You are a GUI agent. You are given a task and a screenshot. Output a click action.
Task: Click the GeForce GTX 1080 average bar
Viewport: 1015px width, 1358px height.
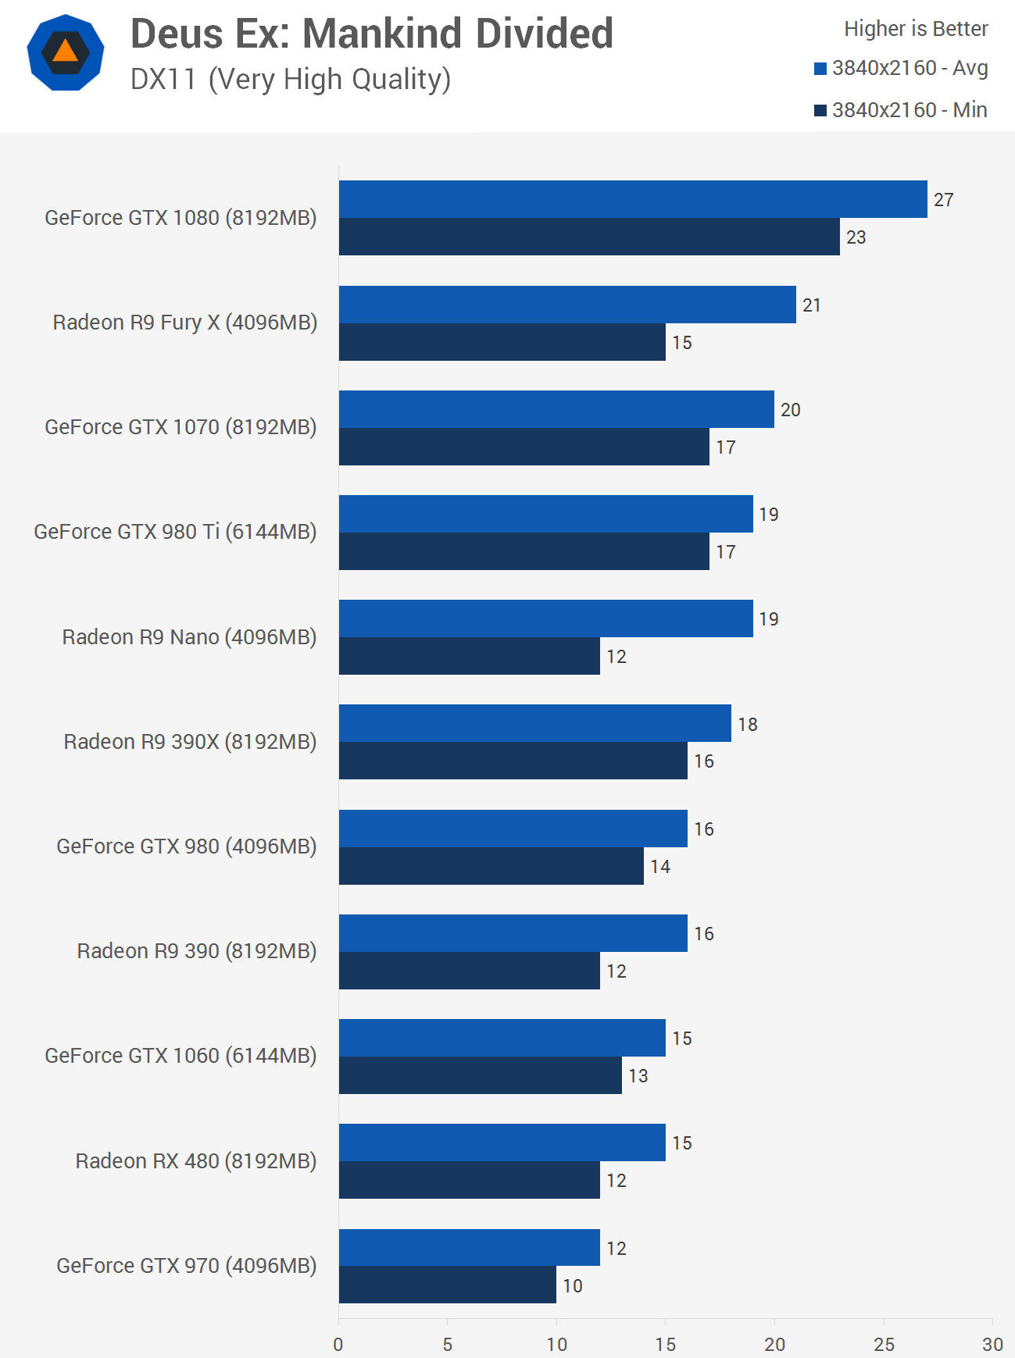coord(633,199)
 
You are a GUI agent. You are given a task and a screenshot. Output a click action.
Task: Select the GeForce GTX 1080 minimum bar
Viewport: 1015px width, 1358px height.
coord(589,237)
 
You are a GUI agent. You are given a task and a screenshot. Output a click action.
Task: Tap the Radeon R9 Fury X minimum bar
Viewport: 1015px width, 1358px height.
coord(502,342)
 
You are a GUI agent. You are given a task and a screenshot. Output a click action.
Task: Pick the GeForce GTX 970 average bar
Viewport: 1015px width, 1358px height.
coord(470,1247)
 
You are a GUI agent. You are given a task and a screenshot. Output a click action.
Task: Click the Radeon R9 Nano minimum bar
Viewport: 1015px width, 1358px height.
coord(470,656)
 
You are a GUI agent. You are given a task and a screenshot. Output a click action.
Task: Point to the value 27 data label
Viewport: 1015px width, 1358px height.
coord(944,200)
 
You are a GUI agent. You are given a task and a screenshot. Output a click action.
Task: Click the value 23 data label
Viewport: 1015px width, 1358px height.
coord(856,237)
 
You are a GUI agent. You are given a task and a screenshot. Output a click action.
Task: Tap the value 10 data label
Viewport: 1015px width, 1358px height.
coord(573,1285)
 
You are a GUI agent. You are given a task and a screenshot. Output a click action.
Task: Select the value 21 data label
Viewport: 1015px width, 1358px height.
coord(812,305)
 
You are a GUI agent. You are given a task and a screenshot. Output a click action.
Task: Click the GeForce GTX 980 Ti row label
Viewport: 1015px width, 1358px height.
coord(175,532)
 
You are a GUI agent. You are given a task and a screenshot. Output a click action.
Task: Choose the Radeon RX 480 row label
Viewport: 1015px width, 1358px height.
coord(196,1161)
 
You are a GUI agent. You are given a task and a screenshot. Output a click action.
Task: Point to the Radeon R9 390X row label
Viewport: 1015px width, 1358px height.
coord(190,742)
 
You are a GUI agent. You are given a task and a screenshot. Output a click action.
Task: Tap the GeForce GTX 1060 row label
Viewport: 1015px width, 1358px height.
coord(180,1056)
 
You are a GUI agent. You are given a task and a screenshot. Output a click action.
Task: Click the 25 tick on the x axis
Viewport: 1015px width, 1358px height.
coord(884,1344)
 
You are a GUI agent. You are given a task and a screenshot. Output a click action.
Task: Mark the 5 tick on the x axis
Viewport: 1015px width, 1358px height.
coord(448,1344)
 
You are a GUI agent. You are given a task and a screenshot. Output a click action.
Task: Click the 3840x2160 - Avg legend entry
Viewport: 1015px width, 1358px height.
coord(902,69)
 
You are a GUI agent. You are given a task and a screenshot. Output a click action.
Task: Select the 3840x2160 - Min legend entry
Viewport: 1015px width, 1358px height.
coord(902,110)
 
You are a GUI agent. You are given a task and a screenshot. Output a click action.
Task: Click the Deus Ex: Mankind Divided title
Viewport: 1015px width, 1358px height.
coord(372,34)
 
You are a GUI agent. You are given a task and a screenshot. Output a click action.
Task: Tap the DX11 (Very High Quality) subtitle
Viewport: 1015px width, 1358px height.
coord(291,80)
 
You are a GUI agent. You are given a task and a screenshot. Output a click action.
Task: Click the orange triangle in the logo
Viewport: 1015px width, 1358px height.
coord(66,52)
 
